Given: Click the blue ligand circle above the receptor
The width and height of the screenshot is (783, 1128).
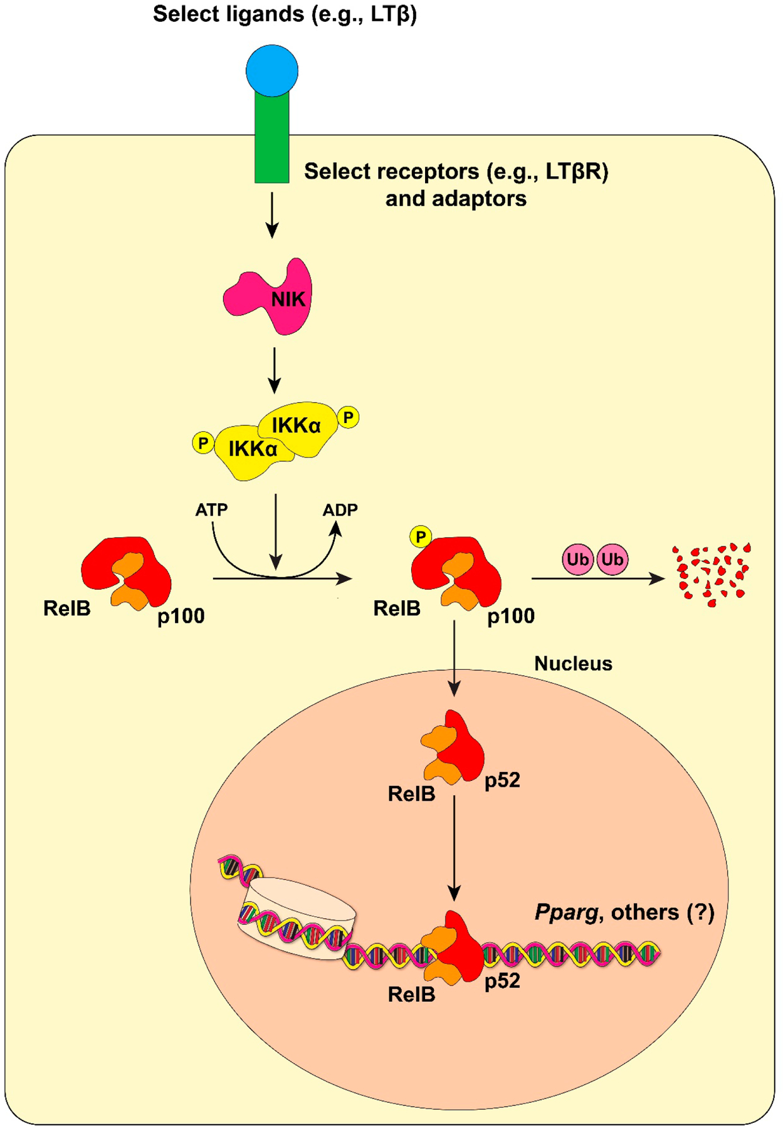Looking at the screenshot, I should tap(271, 70).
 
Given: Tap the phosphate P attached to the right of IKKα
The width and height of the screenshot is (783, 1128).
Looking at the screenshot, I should tap(348, 417).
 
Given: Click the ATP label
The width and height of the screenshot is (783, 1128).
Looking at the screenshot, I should tap(211, 510).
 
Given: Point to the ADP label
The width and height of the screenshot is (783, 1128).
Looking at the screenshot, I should tap(340, 510).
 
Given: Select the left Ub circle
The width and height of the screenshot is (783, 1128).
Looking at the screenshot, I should tap(577, 559).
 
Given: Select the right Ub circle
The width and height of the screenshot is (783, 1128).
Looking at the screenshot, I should tap(612, 559).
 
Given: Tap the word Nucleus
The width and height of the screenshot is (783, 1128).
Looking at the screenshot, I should tap(573, 664).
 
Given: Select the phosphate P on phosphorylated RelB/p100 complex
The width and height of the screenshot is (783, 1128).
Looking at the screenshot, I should tap(421, 537).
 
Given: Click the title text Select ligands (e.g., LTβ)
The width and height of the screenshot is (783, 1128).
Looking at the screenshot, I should tap(285, 14).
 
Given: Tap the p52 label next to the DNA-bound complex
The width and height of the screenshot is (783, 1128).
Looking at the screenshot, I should tap(502, 981).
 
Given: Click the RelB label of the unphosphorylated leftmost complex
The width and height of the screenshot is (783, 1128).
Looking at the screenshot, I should tap(66, 608).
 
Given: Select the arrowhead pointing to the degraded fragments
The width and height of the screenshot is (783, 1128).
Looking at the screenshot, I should tap(658, 578).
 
